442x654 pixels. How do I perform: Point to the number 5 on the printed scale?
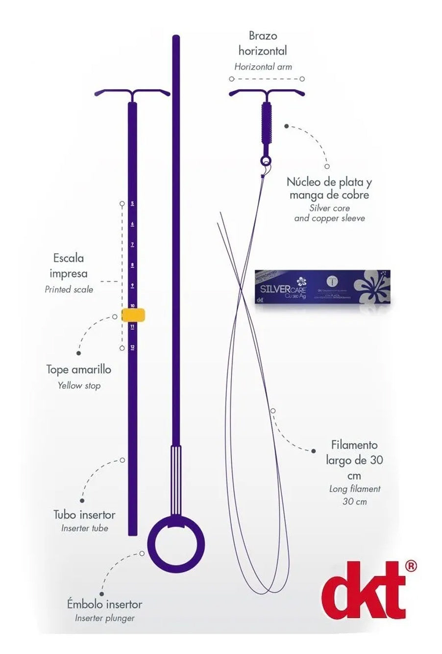click(x=132, y=203)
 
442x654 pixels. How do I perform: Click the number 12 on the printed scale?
click(x=132, y=347)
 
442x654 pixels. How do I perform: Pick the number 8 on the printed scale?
click(x=132, y=265)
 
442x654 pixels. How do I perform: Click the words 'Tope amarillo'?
click(x=78, y=369)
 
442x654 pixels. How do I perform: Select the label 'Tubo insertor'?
click(x=84, y=514)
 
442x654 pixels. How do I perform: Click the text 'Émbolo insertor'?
click(x=104, y=604)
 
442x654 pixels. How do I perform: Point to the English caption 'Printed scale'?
click(x=69, y=289)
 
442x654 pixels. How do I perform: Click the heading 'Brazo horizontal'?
click(x=263, y=43)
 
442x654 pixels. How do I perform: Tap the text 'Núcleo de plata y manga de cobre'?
click(x=329, y=189)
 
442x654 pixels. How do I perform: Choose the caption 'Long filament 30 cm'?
click(x=354, y=495)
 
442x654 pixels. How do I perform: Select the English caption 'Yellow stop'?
click(x=79, y=386)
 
